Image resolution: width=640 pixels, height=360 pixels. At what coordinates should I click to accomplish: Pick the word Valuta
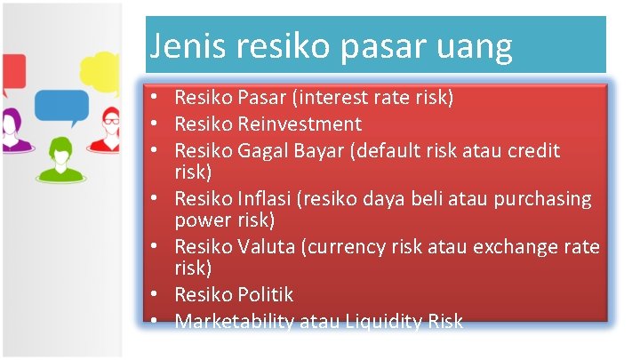269,246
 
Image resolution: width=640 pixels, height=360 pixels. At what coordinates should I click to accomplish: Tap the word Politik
265,294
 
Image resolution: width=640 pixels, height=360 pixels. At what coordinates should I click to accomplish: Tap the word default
393,151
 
